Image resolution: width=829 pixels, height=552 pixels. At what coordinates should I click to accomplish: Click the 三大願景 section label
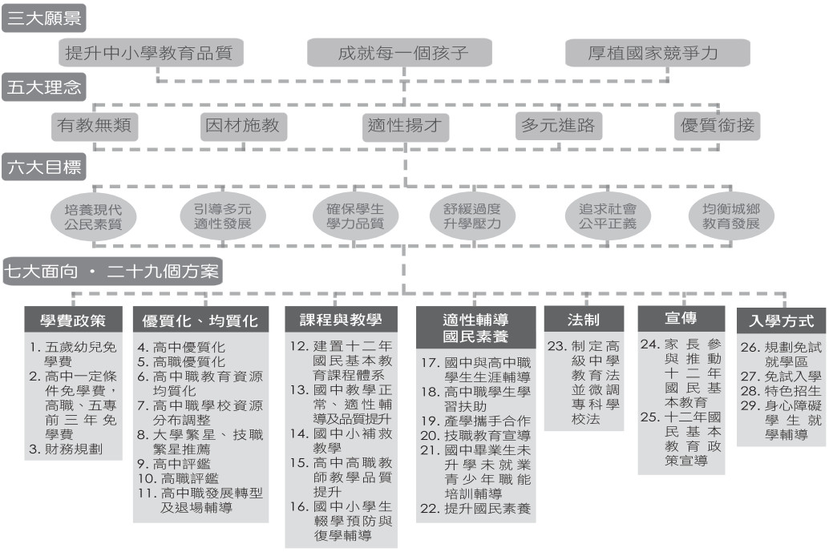click(44, 18)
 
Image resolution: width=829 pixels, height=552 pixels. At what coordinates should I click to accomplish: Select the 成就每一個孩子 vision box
click(400, 53)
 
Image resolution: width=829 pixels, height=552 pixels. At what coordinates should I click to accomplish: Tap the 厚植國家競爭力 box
click(657, 53)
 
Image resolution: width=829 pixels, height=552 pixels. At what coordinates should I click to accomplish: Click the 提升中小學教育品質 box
click(151, 53)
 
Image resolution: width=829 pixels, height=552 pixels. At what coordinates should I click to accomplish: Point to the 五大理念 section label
click(44, 87)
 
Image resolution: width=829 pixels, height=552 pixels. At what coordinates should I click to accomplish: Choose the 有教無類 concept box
click(95, 127)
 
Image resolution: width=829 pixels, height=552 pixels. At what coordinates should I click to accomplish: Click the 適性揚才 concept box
click(406, 127)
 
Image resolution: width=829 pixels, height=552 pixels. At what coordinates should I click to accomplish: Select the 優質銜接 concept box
click(717, 127)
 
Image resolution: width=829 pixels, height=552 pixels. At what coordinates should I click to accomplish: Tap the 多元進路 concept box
click(559, 127)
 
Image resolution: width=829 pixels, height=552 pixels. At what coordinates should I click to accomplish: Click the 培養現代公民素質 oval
click(93, 216)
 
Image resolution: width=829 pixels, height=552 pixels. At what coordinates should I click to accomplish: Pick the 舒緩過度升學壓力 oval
click(471, 216)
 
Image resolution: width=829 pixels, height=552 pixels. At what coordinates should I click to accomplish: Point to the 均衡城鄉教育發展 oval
click(731, 216)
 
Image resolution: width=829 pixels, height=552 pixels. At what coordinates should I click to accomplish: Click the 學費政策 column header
click(73, 320)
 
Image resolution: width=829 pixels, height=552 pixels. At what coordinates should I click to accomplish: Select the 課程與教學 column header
click(341, 320)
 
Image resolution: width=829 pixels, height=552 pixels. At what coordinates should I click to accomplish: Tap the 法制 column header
click(584, 320)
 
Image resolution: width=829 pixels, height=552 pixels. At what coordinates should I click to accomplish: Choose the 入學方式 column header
click(782, 320)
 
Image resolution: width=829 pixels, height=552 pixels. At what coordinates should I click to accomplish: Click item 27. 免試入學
click(781, 377)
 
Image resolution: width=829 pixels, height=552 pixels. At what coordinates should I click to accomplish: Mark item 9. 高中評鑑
click(173, 465)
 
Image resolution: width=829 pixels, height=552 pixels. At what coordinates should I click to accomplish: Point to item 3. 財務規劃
click(66, 449)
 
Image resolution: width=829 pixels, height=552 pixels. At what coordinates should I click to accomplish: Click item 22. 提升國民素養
click(475, 509)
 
